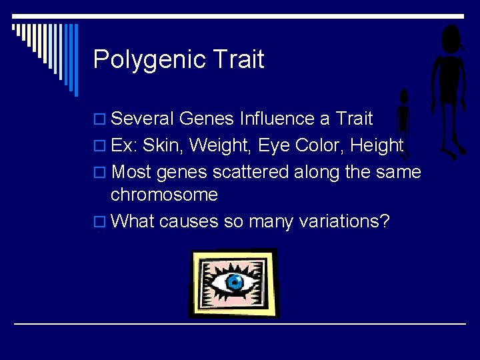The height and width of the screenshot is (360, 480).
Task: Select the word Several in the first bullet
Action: pos(142,119)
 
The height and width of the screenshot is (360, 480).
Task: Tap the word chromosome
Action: pos(164,195)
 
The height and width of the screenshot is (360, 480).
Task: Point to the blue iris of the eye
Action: pos(235,282)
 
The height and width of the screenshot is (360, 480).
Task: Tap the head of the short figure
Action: pos(403,97)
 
